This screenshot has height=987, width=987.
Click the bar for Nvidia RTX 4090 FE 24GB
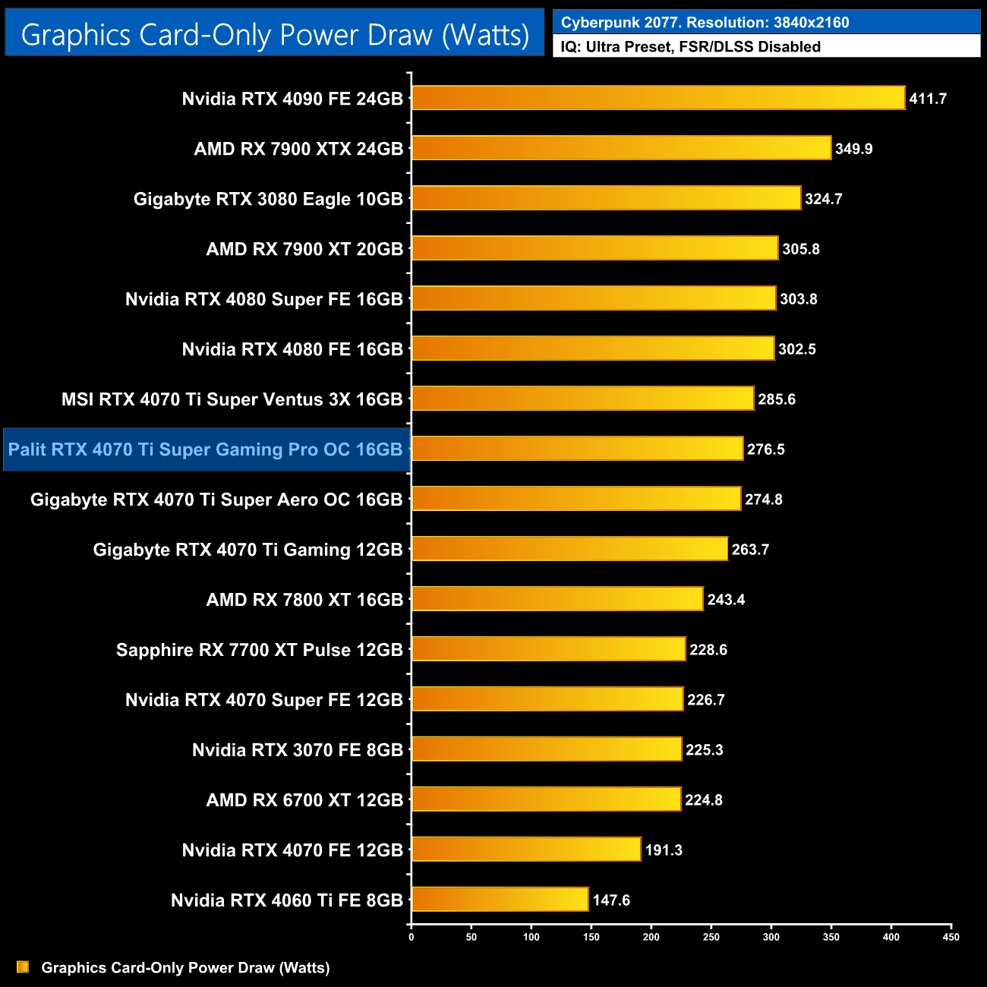pos(657,98)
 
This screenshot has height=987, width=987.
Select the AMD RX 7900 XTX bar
pos(621,148)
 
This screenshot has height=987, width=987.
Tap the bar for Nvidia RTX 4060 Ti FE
pos(500,900)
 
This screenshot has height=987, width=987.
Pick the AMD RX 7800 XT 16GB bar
pos(557,599)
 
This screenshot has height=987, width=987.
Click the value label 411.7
pos(928,99)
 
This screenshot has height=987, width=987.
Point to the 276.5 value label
pos(765,449)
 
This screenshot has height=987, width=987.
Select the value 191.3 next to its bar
pos(664,850)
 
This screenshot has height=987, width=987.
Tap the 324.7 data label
pos(823,199)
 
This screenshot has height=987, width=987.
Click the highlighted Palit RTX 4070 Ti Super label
pos(205,449)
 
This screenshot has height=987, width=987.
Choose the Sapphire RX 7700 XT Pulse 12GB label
pos(259,650)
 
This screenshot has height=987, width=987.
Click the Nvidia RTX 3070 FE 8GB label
pos(297,750)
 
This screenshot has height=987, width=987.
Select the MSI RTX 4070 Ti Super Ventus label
pos(232,399)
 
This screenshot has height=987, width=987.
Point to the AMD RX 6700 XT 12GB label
pos(304,800)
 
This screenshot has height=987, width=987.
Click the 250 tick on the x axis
pos(711,937)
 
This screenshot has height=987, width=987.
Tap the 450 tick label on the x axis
pos(951,937)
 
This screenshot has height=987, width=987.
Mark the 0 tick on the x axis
pos(412,937)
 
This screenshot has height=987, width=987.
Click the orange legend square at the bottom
pos(23,967)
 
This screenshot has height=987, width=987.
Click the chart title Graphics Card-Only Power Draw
pos(275,34)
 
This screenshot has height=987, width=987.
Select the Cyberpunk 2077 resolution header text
pos(705,23)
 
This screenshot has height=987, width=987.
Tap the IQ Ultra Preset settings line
pos(690,47)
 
